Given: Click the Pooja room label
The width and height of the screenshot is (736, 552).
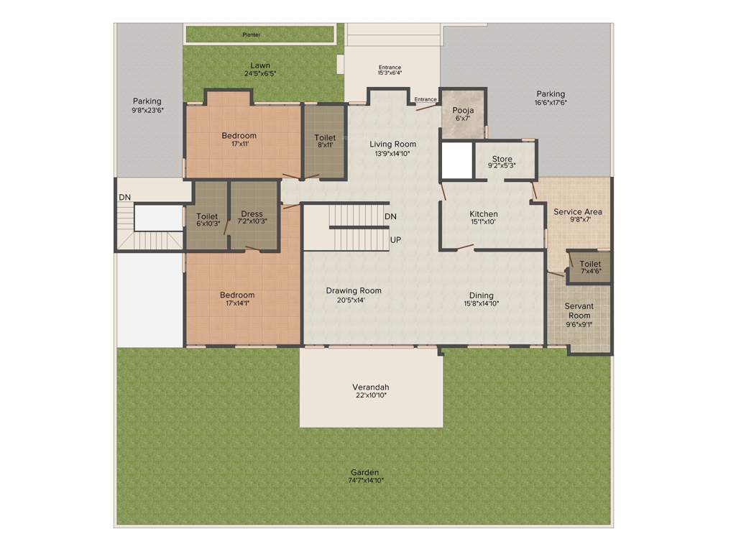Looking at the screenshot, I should (463, 110).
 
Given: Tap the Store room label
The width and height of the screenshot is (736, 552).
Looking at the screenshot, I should (502, 159).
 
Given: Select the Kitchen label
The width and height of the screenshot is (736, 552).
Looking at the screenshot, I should (484, 214).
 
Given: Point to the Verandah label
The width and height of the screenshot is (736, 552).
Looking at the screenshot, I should (371, 387).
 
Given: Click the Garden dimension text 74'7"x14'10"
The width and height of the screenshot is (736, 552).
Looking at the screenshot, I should (366, 480).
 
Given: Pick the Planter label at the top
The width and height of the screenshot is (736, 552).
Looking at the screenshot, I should (252, 34).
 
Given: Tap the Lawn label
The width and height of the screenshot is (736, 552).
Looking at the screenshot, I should (260, 65).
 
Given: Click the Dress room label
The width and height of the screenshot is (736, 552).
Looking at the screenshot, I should (252, 214).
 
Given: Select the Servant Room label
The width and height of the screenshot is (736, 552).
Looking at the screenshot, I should (579, 310).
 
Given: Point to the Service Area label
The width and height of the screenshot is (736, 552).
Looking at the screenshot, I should (578, 212).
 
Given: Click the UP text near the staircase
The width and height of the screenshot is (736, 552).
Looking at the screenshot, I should (395, 239).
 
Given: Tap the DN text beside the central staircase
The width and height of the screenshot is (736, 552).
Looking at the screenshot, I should (391, 216).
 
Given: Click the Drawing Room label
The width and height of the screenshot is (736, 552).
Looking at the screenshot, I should (354, 291).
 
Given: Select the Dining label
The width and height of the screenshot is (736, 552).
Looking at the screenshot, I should (482, 295).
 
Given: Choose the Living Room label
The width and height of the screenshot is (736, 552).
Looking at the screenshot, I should (393, 144).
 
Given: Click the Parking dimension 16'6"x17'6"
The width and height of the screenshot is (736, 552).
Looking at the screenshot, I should (551, 103).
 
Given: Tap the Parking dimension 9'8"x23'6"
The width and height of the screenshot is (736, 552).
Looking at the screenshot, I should (147, 110).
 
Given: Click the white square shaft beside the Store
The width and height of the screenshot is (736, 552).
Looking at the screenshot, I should (456, 161).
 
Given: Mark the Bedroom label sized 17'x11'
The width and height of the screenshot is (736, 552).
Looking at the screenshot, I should (239, 136).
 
